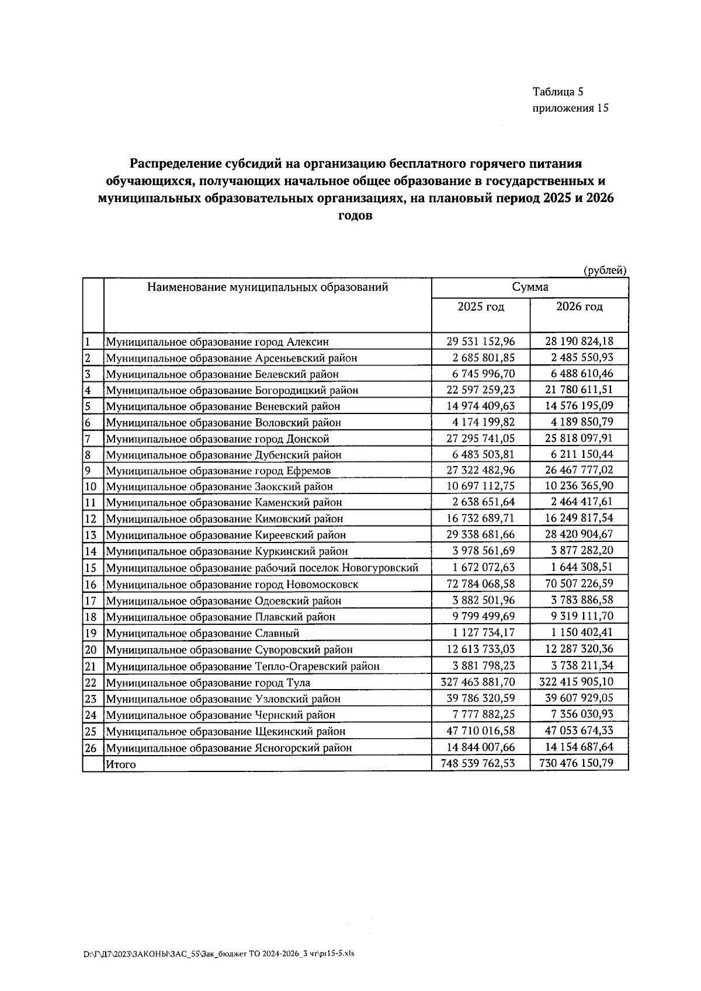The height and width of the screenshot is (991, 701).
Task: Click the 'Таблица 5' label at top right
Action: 558,91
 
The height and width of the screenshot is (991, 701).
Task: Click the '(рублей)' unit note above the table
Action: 605,270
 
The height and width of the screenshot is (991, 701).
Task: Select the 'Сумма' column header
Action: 530,287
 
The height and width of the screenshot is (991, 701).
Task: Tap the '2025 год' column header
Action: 480,307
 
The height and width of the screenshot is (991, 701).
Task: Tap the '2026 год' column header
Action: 579,307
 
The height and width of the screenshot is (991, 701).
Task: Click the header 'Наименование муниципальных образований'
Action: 268,287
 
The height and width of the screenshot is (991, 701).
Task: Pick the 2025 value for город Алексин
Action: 480,341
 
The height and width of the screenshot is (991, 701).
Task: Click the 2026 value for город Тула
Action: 579,682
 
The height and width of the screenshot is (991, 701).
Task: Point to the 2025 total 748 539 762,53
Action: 480,763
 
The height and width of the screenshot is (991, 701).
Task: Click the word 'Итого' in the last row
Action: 121,764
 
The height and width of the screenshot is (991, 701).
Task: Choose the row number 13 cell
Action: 91,535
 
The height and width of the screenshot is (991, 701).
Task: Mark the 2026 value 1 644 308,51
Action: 579,567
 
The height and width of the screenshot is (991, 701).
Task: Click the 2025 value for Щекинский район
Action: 480,731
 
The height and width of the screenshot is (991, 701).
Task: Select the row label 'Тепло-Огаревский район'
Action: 242,666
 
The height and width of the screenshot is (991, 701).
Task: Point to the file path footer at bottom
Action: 219,954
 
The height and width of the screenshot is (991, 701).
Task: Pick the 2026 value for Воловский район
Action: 579,422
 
